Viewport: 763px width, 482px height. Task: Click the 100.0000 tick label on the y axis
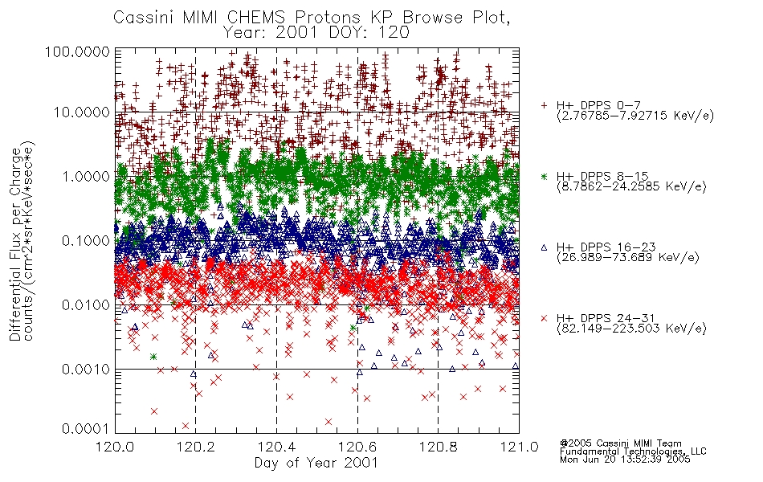[x=77, y=52]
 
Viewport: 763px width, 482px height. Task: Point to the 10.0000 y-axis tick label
[x=81, y=112]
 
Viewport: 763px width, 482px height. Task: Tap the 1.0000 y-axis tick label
[x=86, y=177]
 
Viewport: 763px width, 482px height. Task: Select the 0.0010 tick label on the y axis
[x=86, y=370]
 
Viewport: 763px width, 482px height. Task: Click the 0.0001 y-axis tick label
[x=86, y=429]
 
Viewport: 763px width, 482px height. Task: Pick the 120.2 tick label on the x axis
[x=196, y=446]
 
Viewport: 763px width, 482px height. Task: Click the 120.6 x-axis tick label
[x=357, y=446]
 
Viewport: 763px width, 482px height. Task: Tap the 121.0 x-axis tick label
[x=519, y=446]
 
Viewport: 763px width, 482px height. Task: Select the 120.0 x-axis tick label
[x=116, y=446]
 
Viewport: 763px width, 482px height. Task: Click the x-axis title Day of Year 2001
[x=316, y=463]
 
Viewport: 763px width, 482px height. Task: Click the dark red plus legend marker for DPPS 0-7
[x=544, y=105]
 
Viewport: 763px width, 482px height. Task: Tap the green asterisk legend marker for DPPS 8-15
[x=544, y=176]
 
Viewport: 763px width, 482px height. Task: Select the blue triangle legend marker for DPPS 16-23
[x=544, y=247]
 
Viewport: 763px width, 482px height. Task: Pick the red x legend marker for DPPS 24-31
[x=544, y=318]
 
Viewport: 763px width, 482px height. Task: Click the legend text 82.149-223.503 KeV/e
[x=631, y=329]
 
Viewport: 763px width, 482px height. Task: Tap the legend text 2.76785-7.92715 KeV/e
[x=635, y=116]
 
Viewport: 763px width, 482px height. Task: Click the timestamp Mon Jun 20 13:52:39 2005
[x=625, y=460]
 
